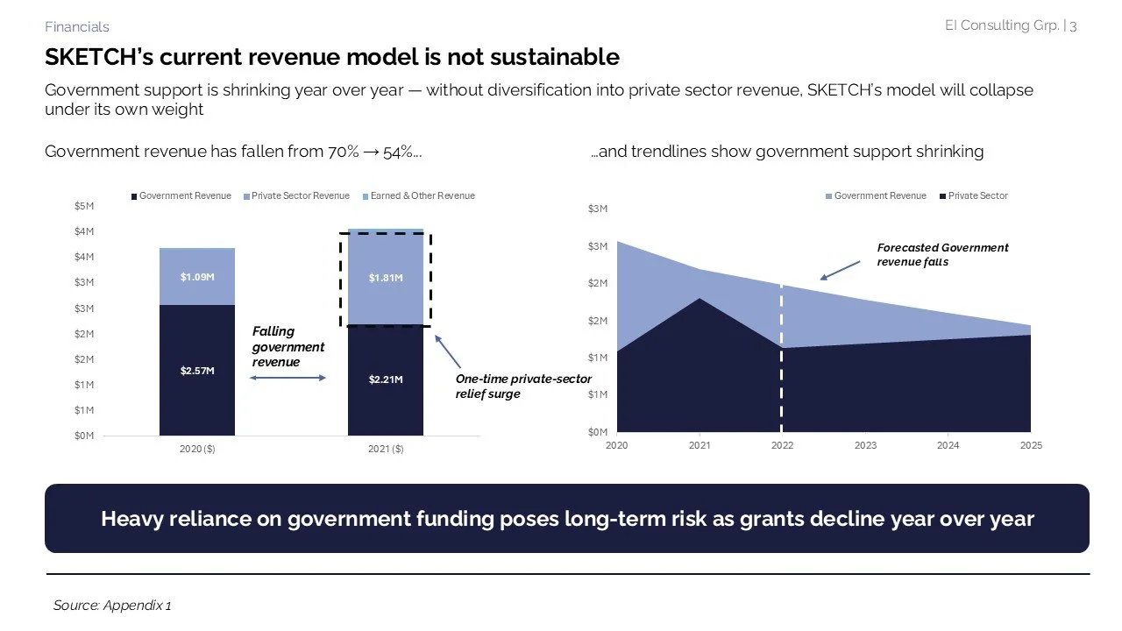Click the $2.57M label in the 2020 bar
point(197,371)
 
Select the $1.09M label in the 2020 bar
point(197,277)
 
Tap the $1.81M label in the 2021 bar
point(386,278)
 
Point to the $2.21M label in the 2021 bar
point(386,379)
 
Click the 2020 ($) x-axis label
point(197,449)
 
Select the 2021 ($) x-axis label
point(386,449)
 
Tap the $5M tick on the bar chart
point(84,206)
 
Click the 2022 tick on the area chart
point(782,445)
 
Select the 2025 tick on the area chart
point(1031,445)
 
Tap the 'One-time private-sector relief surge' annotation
point(523,386)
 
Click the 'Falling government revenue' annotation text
point(288,346)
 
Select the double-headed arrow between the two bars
point(288,378)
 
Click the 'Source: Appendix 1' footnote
point(112,606)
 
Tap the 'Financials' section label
point(77,27)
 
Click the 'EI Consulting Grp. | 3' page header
point(1011,25)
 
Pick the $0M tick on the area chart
point(597,431)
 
